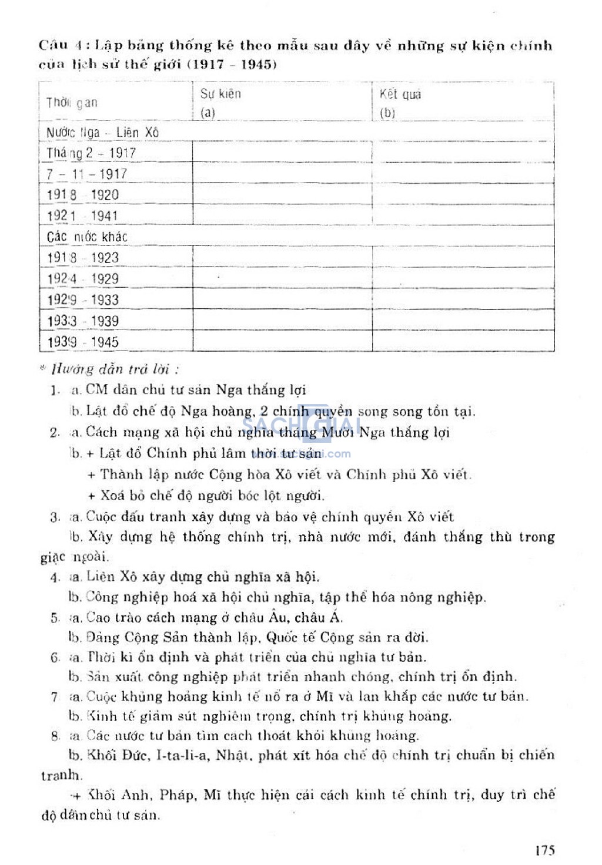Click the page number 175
(545, 850)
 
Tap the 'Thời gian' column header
(72, 103)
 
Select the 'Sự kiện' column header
(220, 94)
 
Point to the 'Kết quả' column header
(400, 95)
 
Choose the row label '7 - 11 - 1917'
(87, 174)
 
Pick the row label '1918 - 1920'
(83, 195)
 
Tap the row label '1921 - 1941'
(83, 216)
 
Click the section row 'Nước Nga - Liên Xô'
(102, 133)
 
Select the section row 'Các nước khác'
(87, 237)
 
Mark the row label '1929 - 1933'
(83, 300)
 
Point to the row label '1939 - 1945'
(83, 342)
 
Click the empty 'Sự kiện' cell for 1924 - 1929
(282, 278)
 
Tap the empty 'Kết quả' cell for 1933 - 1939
(463, 321)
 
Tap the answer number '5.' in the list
(55, 618)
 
